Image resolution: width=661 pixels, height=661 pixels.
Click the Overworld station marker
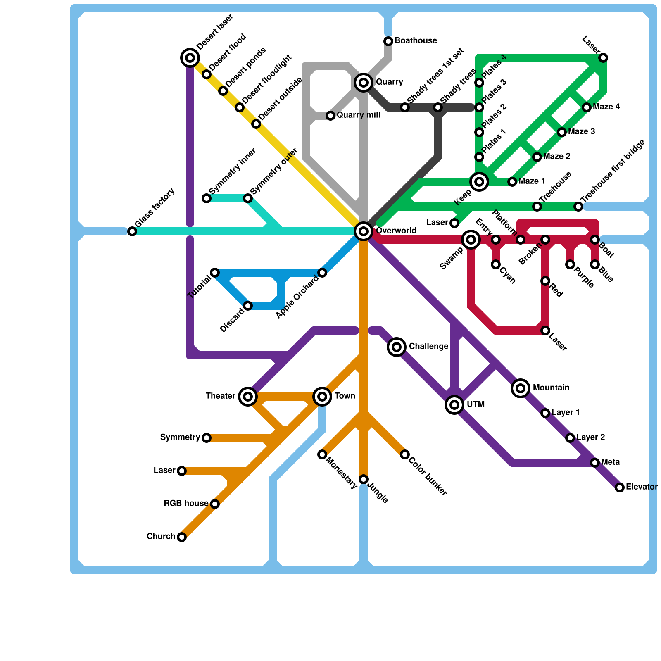[364, 231]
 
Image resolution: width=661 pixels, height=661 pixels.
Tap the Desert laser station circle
[190, 58]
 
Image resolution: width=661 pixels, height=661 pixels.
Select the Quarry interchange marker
[364, 83]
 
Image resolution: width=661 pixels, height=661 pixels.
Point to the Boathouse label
[416, 41]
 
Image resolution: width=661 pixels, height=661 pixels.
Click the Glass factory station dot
[132, 231]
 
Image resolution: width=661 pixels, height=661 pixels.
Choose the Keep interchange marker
[479, 181]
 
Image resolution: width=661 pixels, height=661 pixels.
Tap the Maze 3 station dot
[562, 132]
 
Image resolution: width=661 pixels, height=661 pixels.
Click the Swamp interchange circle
[471, 240]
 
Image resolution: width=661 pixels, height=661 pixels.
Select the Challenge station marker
[397, 347]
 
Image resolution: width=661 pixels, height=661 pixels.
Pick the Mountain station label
[551, 388]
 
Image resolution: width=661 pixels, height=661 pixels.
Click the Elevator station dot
[620, 487]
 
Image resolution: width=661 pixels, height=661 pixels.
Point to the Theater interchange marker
[248, 397]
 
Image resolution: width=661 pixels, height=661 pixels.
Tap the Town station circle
[322, 397]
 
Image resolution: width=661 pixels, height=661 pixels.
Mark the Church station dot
[182, 537]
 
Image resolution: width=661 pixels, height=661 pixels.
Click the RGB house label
[186, 504]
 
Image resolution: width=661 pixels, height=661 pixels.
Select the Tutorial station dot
[215, 273]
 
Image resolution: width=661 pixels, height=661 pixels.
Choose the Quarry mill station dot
[330, 116]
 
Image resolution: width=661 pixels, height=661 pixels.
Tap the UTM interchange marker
[454, 405]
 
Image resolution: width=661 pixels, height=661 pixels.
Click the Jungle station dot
[364, 479]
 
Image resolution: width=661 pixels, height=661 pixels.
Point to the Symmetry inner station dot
[207, 198]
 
